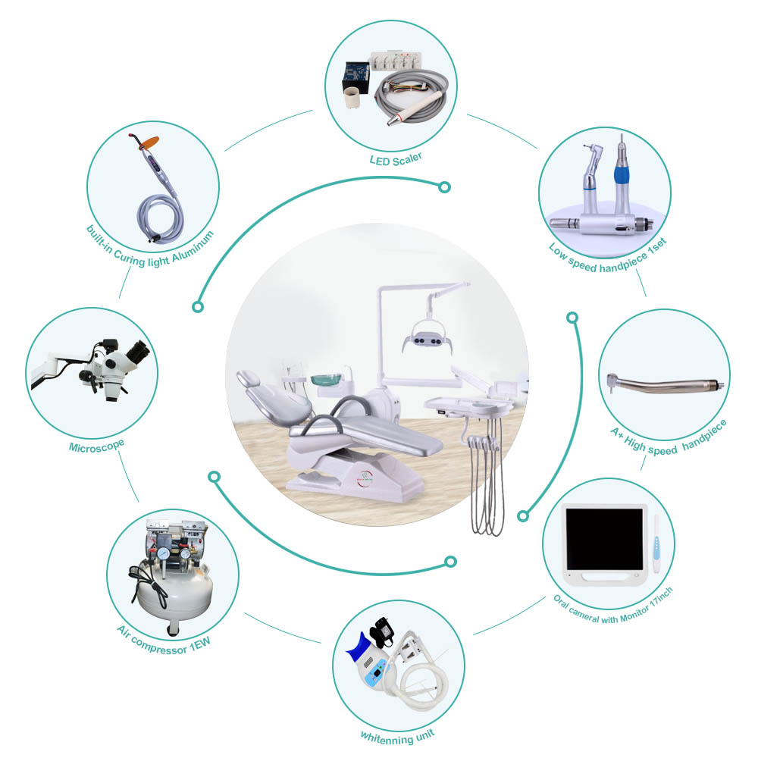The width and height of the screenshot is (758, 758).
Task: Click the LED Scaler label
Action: click(x=396, y=159)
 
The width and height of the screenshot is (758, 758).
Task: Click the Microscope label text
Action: click(x=97, y=446)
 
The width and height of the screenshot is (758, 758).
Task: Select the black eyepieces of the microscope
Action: click(x=139, y=352)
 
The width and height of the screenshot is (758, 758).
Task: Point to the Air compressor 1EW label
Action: click(x=164, y=639)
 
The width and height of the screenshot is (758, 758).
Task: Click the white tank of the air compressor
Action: click(x=174, y=592)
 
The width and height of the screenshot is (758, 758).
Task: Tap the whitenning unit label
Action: click(x=397, y=736)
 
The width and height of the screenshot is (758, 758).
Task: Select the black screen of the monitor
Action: click(x=604, y=538)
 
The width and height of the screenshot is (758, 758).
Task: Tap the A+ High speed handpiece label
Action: click(x=669, y=439)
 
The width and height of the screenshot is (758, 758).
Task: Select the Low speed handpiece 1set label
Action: click(x=608, y=255)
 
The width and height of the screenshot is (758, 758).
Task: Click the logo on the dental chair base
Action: click(x=365, y=478)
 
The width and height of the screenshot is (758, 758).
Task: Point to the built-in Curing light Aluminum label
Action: click(x=149, y=249)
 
